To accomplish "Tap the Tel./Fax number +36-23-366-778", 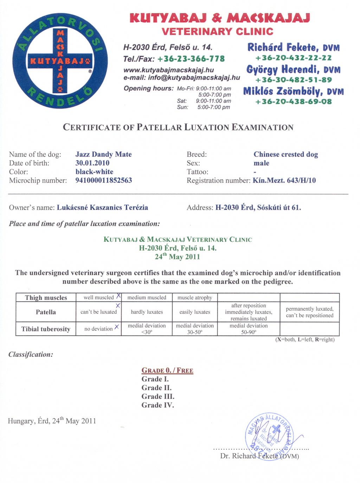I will [x=191, y=59].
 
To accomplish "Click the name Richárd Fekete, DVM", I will [x=293, y=47].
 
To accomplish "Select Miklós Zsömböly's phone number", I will [x=293, y=102].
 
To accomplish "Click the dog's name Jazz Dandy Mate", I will [x=103, y=154].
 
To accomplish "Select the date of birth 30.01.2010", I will [x=92, y=163].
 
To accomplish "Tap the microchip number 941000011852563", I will [x=103, y=181].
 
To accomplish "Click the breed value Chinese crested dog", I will [x=285, y=154].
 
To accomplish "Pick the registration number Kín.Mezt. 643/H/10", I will [x=284, y=181].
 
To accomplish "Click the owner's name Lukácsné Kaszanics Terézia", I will [x=102, y=208].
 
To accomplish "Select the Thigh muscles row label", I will [x=46, y=298].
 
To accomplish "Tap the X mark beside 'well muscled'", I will [x=118, y=296].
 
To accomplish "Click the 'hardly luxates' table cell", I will [x=147, y=312].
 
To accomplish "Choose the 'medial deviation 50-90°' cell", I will [x=249, y=329].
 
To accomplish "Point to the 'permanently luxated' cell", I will [x=309, y=312].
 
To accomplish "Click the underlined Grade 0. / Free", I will [x=167, y=370].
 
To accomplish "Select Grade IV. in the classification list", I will [x=157, y=405].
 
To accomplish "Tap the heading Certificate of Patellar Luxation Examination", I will [x=178, y=127].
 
